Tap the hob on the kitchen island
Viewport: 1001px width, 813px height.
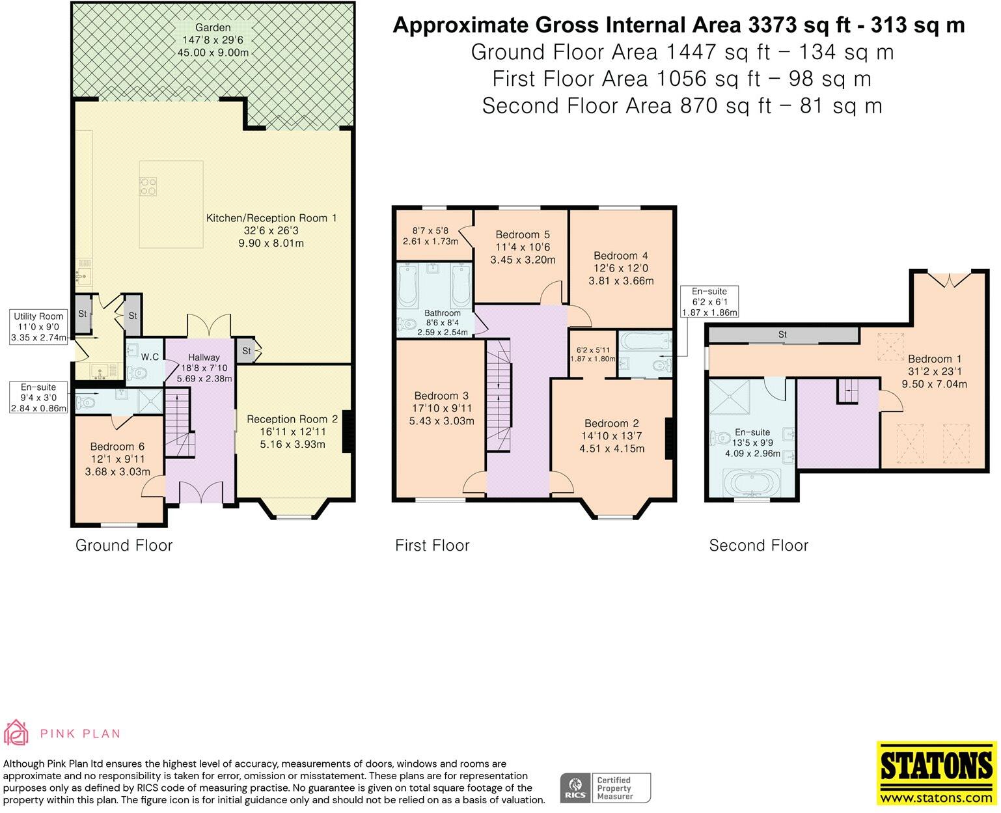pyautogui.click(x=148, y=187)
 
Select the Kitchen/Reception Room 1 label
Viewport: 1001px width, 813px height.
pyautogui.click(x=271, y=219)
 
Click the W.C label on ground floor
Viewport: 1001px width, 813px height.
pyautogui.click(x=150, y=357)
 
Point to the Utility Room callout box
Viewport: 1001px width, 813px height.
pyautogui.click(x=38, y=327)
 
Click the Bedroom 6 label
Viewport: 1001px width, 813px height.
pyautogui.click(x=117, y=447)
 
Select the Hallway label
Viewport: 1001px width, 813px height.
pyautogui.click(x=204, y=357)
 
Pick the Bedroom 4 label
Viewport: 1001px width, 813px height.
pyautogui.click(x=620, y=256)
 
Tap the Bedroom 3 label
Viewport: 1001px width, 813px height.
pyautogui.click(x=441, y=396)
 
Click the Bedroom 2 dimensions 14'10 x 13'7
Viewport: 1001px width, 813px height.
pyautogui.click(x=611, y=436)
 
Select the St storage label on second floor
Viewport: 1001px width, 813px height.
pyautogui.click(x=782, y=335)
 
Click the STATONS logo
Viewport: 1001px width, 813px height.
pyautogui.click(x=936, y=773)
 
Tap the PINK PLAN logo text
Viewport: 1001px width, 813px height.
pyautogui.click(x=80, y=734)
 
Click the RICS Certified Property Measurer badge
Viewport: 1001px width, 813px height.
pyautogui.click(x=605, y=788)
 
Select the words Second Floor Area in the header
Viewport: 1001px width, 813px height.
pyautogui.click(x=577, y=105)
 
